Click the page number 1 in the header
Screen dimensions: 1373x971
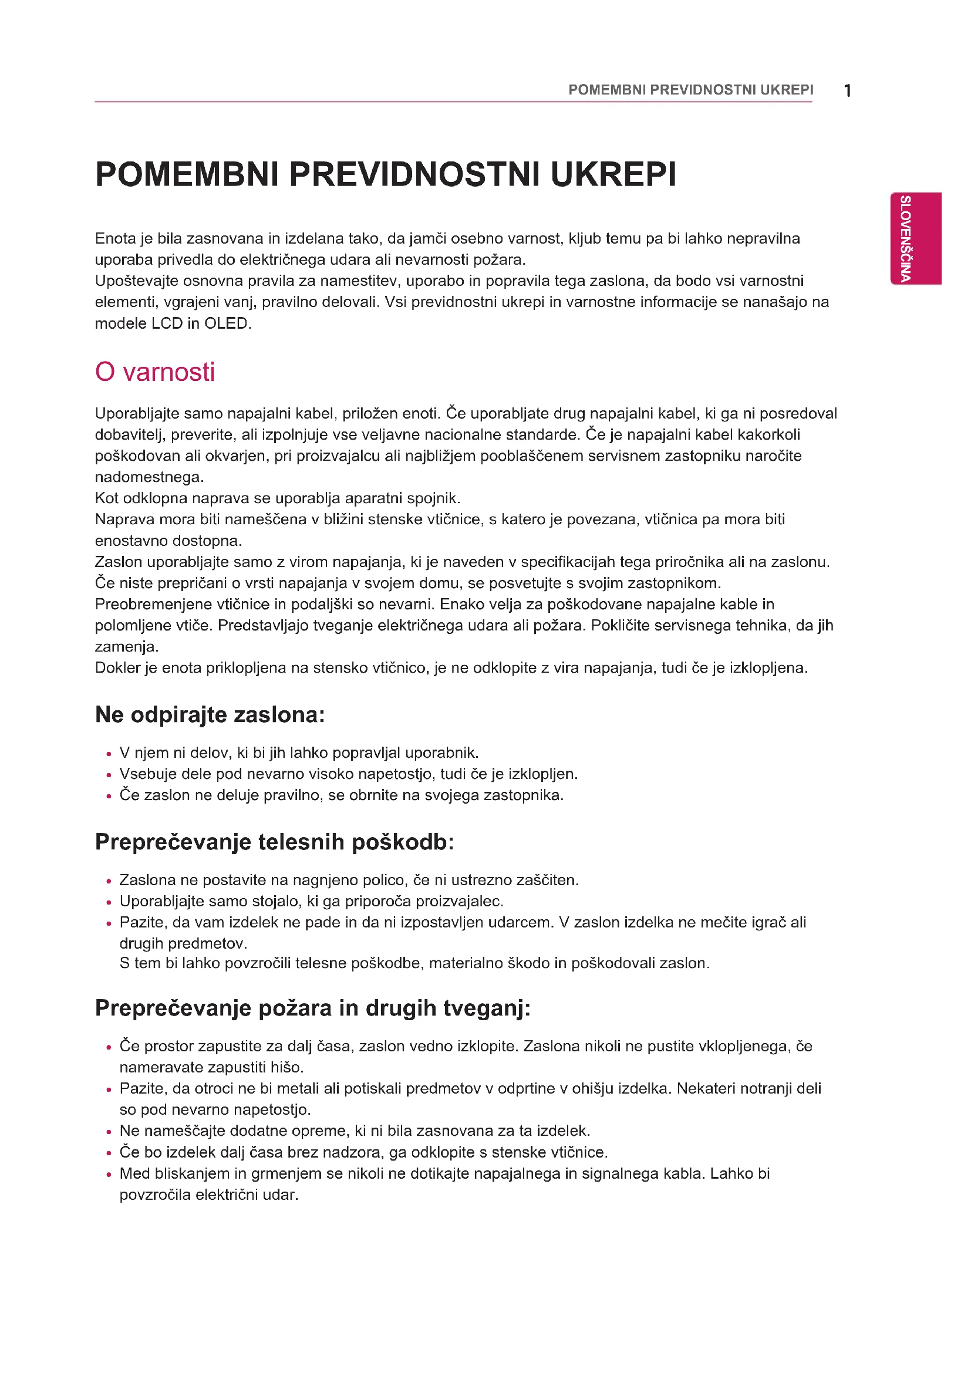point(847,91)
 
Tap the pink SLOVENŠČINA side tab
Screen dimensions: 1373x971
point(915,238)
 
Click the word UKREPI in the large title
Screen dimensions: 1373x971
point(613,174)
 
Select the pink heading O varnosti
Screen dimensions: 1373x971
point(155,372)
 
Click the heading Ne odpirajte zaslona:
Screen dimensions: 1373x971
point(210,714)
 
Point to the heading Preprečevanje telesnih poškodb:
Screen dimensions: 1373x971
point(274,842)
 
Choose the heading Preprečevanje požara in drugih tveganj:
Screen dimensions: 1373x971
point(313,1008)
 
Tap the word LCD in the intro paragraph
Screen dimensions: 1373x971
point(167,323)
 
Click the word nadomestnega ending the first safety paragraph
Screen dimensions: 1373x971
point(150,477)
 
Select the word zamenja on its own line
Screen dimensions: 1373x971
point(126,647)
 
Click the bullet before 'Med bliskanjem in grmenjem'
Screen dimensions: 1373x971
point(109,1175)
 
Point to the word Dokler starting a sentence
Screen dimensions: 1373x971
point(118,668)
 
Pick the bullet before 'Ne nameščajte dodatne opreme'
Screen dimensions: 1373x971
point(109,1132)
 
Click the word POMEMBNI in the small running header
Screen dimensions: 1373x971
point(606,90)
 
